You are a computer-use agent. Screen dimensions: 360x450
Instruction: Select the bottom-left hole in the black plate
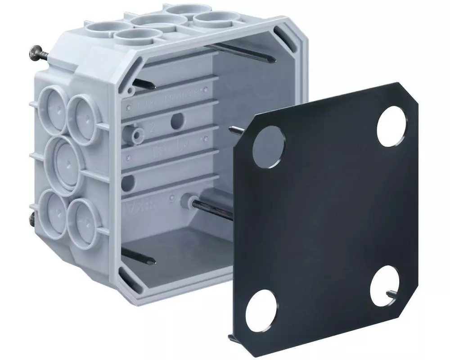261,310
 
